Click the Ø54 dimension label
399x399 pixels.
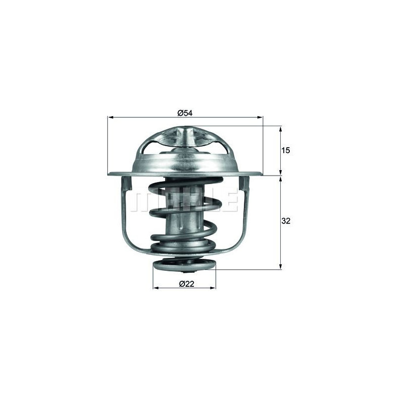[x=185, y=113]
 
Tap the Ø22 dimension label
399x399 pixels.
[x=187, y=284]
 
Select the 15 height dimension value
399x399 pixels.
[x=286, y=151]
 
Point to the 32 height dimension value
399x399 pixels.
[x=286, y=221]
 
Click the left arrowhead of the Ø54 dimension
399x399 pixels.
[x=110, y=117]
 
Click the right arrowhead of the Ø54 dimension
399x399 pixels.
[x=260, y=117]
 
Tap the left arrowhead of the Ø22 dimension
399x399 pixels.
[x=156, y=288]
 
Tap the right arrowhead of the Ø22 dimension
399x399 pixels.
[x=213, y=288]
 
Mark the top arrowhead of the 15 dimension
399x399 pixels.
[x=281, y=129]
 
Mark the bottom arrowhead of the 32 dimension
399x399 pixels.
[x=281, y=266]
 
